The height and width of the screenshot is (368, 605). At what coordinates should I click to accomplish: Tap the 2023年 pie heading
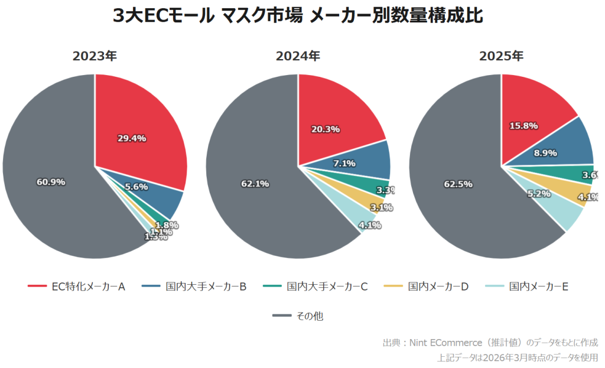(95, 56)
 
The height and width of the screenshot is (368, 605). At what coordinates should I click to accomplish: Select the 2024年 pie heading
(298, 56)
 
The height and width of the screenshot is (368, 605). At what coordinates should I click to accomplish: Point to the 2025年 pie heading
(501, 56)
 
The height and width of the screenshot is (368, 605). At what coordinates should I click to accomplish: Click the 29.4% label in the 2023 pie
(131, 138)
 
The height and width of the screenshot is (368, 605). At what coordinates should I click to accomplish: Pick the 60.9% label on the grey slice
(51, 182)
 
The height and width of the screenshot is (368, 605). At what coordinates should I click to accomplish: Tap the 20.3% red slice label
(325, 129)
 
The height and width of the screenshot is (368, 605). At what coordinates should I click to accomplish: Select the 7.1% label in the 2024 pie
(343, 164)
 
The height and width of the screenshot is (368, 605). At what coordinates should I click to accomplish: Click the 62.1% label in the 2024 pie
(255, 184)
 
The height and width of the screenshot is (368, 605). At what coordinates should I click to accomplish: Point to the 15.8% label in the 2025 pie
(523, 126)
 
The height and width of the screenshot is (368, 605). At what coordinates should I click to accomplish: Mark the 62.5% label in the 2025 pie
(458, 184)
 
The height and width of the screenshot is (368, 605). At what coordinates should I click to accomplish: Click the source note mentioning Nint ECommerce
(490, 343)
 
